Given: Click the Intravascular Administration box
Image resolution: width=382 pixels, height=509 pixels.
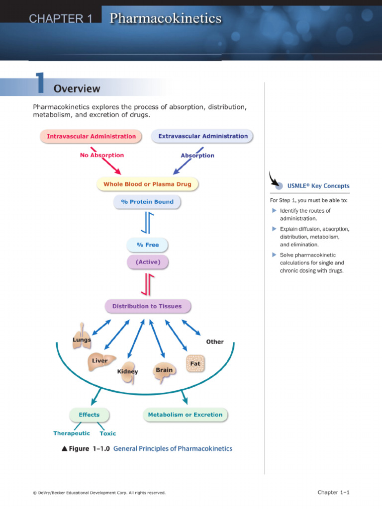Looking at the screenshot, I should coord(91,136).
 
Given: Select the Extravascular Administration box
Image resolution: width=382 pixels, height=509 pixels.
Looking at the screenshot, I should coord(202,136).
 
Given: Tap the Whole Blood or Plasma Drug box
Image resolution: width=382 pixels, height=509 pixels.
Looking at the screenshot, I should coord(147,184).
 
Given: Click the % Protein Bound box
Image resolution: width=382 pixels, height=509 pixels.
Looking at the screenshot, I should coord(147,202).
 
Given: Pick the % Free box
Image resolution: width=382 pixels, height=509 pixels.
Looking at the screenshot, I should coord(147,245).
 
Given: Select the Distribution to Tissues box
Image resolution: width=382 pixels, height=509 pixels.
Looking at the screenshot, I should coord(147,306).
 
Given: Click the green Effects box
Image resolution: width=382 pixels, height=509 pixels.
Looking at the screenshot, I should coord(89,415).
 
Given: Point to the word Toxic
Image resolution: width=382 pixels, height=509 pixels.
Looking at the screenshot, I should coord(108,433).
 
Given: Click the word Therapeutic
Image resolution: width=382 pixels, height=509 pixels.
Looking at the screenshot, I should coord(72,433).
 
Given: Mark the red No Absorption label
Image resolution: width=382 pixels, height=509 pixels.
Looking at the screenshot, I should coord(102,155).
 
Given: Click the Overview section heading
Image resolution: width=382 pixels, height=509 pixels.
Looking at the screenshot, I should coord(77,89).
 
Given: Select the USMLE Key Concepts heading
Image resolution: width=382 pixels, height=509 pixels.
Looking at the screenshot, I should coord(318,185).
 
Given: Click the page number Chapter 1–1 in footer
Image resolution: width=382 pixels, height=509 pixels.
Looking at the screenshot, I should coord(334,493).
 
